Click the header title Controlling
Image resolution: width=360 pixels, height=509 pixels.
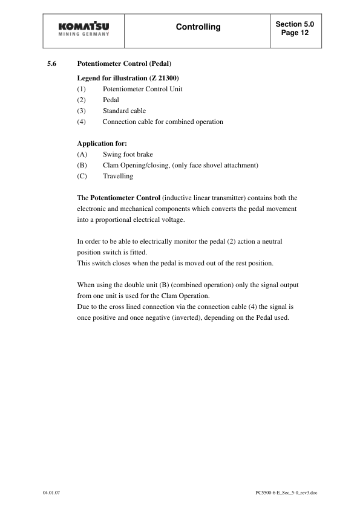point(198,27)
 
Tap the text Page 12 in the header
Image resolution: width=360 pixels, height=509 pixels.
point(295,33)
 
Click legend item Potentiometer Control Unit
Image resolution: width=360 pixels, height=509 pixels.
point(142,89)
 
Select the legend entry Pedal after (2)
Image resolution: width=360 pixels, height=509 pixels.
point(111,100)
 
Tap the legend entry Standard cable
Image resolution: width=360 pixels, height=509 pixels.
point(124,111)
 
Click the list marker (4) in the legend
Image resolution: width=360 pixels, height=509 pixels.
point(82,122)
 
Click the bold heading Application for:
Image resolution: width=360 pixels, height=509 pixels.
point(102,143)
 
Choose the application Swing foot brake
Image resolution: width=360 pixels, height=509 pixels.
point(128,154)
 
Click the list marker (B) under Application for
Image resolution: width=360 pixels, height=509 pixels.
point(82,165)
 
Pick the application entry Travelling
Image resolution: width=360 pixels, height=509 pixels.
point(118,176)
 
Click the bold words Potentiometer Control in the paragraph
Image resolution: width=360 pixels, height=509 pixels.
point(125,198)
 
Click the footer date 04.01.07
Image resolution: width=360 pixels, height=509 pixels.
point(51,493)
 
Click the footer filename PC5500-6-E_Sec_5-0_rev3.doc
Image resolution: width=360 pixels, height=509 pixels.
point(286,493)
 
